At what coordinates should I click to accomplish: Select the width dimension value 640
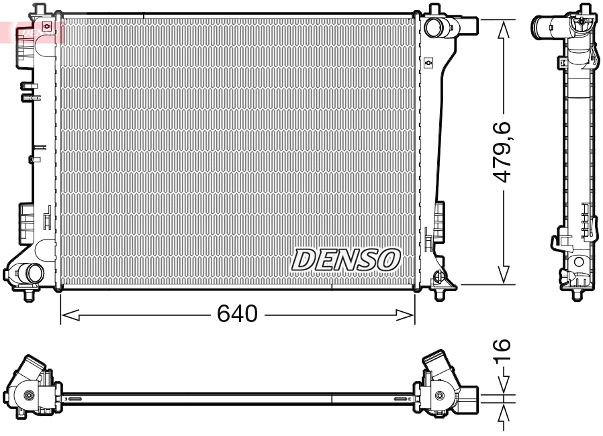237,313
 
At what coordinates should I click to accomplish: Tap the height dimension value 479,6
503,152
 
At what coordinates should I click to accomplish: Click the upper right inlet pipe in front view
452,28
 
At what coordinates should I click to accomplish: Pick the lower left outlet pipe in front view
27,273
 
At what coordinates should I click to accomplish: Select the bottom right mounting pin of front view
440,293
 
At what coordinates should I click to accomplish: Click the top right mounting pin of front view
434,9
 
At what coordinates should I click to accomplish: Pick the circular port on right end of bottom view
439,396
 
